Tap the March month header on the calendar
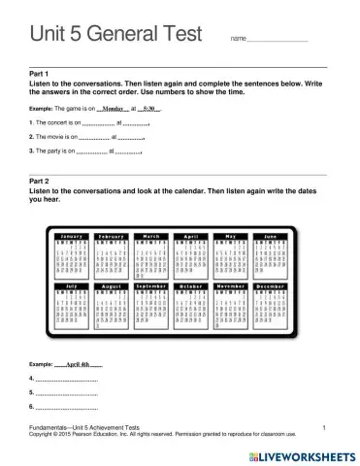point(151,236)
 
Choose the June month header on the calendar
point(271,236)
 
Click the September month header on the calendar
point(151,287)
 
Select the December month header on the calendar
point(271,287)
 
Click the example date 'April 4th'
point(84,364)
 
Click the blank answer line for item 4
point(68,381)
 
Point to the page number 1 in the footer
point(323,427)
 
